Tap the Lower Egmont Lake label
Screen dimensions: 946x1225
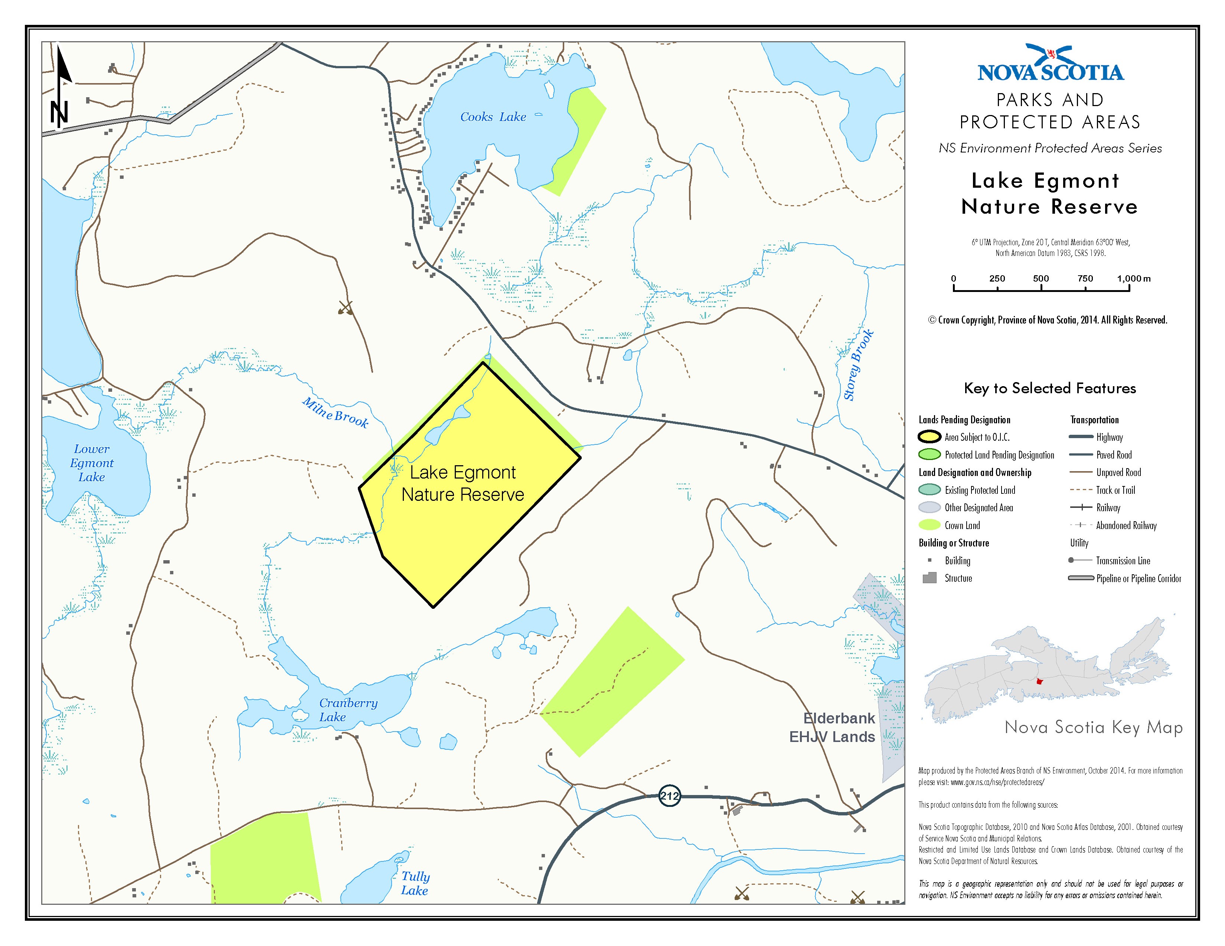tap(92, 463)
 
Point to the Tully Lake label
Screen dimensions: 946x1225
tap(415, 883)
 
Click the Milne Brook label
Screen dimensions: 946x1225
tap(336, 413)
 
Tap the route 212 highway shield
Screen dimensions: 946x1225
tap(669, 796)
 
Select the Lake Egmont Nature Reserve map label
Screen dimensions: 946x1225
tap(463, 483)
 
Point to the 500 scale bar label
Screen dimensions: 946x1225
tap(1041, 279)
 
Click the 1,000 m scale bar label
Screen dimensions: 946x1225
tap(1133, 279)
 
